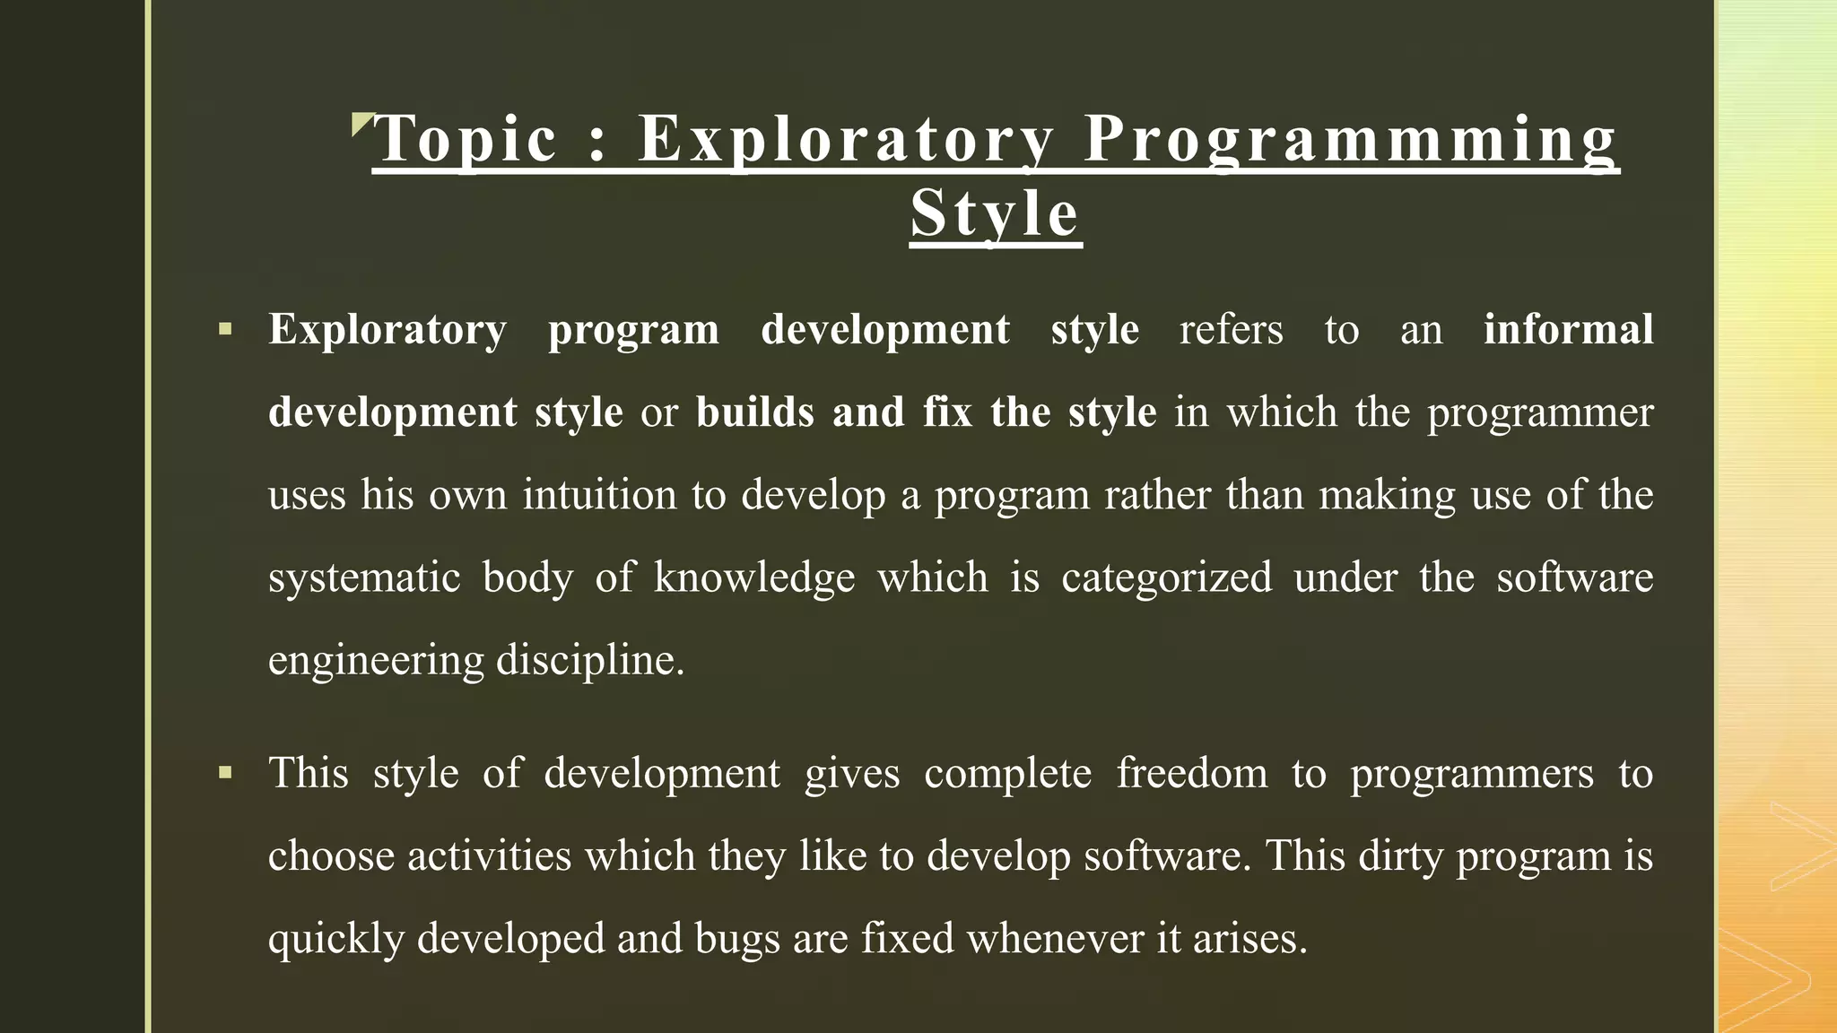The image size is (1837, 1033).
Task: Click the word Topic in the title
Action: (466, 139)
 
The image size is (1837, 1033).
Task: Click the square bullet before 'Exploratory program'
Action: (225, 329)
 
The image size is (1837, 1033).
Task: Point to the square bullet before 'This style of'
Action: (225, 772)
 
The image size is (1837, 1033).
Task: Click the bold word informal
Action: (1568, 329)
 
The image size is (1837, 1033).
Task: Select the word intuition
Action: (599, 495)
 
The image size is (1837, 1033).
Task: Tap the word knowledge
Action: (754, 577)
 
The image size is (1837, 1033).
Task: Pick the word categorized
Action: (1166, 577)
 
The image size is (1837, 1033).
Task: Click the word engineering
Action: (376, 661)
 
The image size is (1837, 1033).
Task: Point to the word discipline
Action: (589, 661)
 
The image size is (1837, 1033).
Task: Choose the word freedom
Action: (1192, 773)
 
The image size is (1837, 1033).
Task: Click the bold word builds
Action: (754, 412)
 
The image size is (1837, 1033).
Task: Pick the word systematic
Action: (364, 577)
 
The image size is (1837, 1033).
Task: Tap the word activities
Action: (489, 855)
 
